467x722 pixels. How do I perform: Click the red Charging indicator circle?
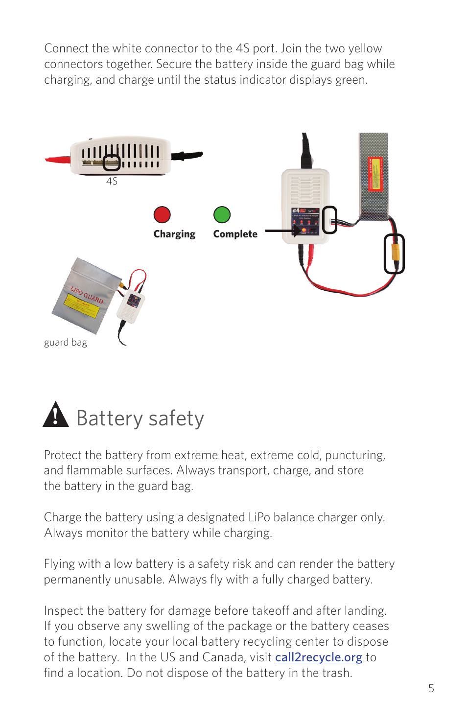pyautogui.click(x=162, y=214)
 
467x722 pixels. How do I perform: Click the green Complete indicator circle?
pyautogui.click(x=222, y=214)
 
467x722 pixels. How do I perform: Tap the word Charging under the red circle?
pyautogui.click(x=174, y=234)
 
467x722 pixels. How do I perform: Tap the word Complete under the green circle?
pyautogui.click(x=235, y=234)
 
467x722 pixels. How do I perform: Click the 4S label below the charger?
pyautogui.click(x=112, y=181)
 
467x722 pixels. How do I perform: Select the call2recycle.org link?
pyautogui.click(x=318, y=657)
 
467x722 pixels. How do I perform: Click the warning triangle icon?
pyautogui.click(x=56, y=415)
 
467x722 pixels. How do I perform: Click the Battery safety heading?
pyautogui.click(x=140, y=419)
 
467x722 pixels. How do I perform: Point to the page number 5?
pyautogui.click(x=431, y=688)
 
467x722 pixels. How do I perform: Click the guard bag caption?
pyautogui.click(x=66, y=342)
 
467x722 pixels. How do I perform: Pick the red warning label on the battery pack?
pyautogui.click(x=375, y=173)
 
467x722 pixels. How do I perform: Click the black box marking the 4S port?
pyautogui.click(x=112, y=163)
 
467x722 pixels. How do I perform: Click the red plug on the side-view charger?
pyautogui.click(x=58, y=159)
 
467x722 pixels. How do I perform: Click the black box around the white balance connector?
pyautogui.click(x=330, y=219)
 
